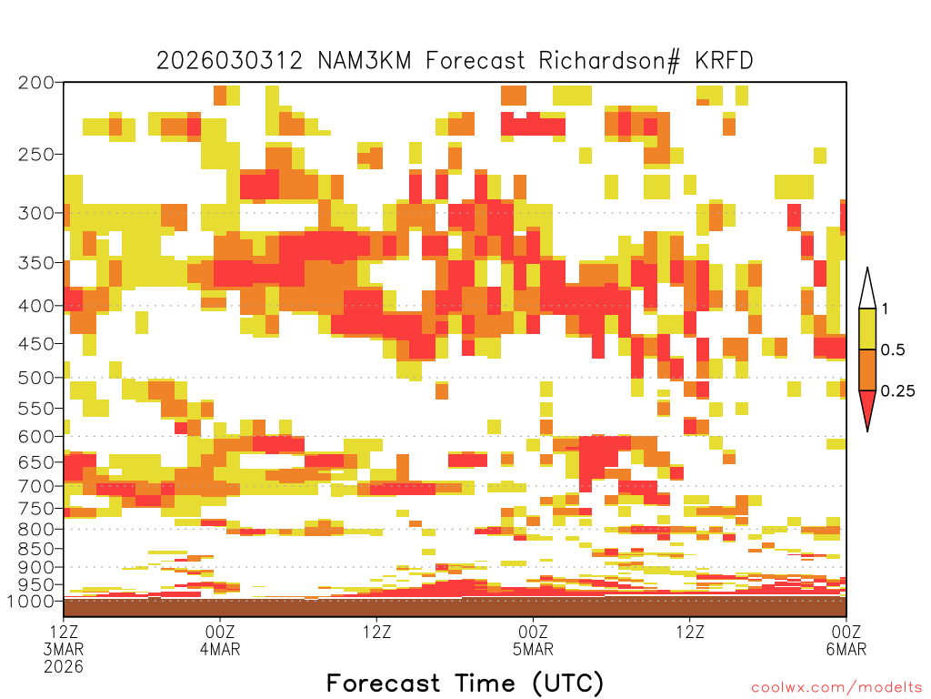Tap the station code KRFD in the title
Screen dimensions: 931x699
(724, 61)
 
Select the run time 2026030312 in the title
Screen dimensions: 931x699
(229, 61)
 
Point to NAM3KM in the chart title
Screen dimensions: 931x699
(365, 61)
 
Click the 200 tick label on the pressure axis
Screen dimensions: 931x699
(36, 83)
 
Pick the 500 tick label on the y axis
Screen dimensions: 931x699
(36, 378)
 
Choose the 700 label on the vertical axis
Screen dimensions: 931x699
(36, 486)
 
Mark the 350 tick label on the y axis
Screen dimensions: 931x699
(36, 263)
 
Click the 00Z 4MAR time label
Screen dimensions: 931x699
(220, 640)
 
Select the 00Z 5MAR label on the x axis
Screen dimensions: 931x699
(533, 640)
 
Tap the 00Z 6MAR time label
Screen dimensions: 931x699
(846, 640)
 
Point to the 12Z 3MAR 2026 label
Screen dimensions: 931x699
(64, 649)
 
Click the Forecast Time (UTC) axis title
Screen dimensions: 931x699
(465, 684)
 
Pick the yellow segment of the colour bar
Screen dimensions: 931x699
(867, 329)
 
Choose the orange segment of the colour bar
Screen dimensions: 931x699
(867, 370)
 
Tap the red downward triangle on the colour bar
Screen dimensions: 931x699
(867, 407)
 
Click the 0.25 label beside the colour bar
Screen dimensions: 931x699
(897, 391)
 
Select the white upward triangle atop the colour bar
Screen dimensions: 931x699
(867, 292)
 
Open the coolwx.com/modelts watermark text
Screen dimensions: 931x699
(836, 688)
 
